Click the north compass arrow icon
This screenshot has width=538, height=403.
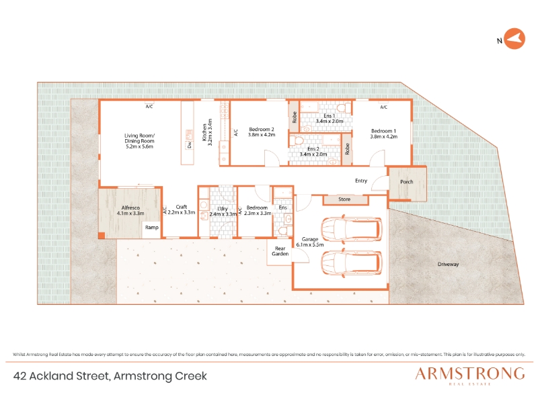tap(514, 39)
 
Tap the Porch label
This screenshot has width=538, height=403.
tap(407, 181)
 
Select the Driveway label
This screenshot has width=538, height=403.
tap(448, 264)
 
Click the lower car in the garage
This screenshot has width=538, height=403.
tap(351, 263)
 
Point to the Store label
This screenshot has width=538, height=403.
tap(344, 199)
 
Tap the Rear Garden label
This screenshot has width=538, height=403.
tap(280, 251)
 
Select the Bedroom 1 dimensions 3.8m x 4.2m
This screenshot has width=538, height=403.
tap(383, 136)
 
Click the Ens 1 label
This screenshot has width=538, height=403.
tap(329, 116)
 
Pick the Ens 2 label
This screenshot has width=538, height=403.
tap(313, 148)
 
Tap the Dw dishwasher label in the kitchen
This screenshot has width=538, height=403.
tap(190, 145)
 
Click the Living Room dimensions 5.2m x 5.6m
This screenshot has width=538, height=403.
tap(139, 146)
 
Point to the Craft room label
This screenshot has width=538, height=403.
tap(181, 207)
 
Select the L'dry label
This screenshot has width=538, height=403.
tap(223, 209)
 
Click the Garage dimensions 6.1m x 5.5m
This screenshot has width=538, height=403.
tap(310, 244)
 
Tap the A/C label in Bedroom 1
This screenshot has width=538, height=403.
tap(383, 107)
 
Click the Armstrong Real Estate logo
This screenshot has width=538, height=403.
tap(469, 376)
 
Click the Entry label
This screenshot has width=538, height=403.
tap(361, 181)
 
